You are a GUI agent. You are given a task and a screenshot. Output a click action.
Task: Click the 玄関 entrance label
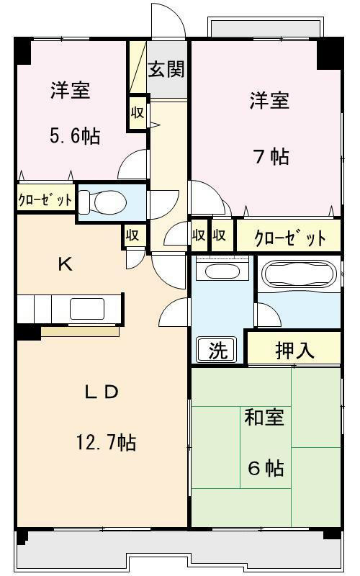pyautogui.click(x=166, y=70)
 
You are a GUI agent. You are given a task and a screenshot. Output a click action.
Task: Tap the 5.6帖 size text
pyautogui.click(x=74, y=135)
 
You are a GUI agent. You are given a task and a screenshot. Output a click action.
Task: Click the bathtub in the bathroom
pyautogui.click(x=296, y=275)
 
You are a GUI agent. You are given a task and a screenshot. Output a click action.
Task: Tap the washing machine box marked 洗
pyautogui.click(x=217, y=350)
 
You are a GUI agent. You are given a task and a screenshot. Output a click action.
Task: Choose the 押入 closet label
pyautogui.click(x=295, y=350)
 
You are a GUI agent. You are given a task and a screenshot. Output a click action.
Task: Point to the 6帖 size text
pyautogui.click(x=266, y=469)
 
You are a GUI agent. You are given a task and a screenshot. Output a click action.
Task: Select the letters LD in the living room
pyautogui.click(x=102, y=392)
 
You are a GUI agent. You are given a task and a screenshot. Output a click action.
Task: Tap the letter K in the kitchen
pyautogui.click(x=65, y=264)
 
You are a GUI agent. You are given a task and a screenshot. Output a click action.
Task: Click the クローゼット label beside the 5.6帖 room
pyautogui.click(x=45, y=199)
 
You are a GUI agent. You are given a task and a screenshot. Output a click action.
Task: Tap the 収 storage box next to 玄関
pyautogui.click(x=138, y=113)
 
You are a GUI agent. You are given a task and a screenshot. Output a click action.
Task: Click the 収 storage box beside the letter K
pyautogui.click(x=132, y=235)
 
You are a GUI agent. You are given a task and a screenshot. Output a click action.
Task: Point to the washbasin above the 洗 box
pyautogui.click(x=222, y=271)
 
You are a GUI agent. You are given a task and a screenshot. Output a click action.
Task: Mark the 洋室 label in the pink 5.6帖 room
pyautogui.click(x=71, y=91)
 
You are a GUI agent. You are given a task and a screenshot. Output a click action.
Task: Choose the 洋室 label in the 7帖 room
pyautogui.click(x=270, y=101)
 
